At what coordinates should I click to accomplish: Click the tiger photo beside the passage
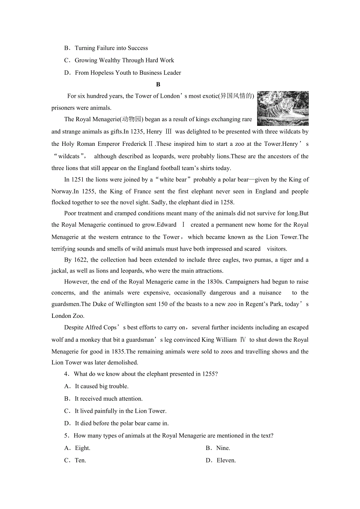(283, 108)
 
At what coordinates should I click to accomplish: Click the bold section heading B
(158, 84)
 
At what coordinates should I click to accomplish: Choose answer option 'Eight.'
(83, 448)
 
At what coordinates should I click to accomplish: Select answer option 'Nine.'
(223, 448)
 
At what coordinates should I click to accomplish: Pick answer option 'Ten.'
(80, 460)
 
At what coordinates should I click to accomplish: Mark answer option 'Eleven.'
(226, 460)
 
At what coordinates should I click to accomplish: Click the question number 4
(66, 374)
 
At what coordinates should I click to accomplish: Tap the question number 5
(66, 436)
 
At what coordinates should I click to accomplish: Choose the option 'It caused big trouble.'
(102, 386)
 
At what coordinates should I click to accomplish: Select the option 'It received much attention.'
(109, 399)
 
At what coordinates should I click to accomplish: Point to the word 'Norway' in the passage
(62, 191)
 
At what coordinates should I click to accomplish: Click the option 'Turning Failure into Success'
(112, 48)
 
